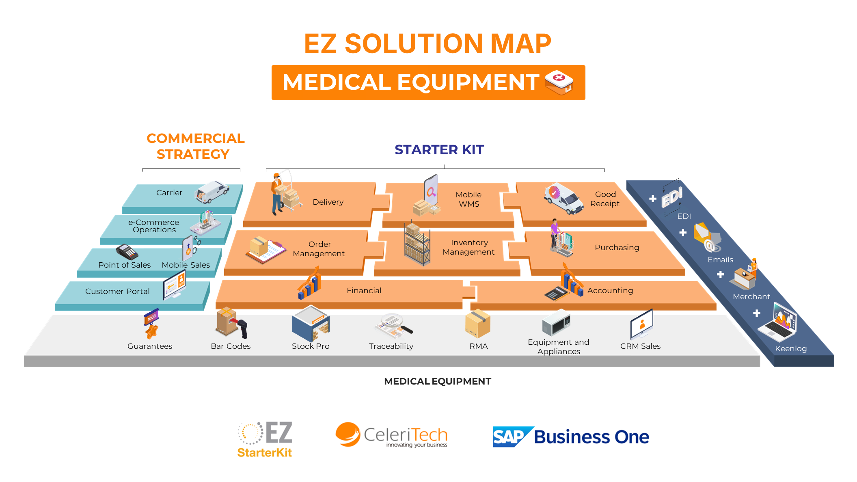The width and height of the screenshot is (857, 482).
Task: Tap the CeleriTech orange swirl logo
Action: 348,434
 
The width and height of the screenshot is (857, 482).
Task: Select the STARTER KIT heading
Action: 439,150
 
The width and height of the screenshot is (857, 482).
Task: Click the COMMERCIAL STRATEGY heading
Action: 195,146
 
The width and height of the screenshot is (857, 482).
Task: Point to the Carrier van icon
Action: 212,192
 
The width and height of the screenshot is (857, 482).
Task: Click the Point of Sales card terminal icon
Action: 127,252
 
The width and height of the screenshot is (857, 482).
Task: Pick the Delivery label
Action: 328,202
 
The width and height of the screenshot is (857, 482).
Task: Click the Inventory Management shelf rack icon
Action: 417,244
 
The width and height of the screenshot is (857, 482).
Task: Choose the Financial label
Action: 364,291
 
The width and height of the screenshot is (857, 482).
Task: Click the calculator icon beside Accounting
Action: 556,293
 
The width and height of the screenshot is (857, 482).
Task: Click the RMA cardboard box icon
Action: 478,324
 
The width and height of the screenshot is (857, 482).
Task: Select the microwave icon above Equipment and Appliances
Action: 556,324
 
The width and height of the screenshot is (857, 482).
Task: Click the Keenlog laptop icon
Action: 780,323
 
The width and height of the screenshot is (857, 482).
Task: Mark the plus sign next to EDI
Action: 653,199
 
